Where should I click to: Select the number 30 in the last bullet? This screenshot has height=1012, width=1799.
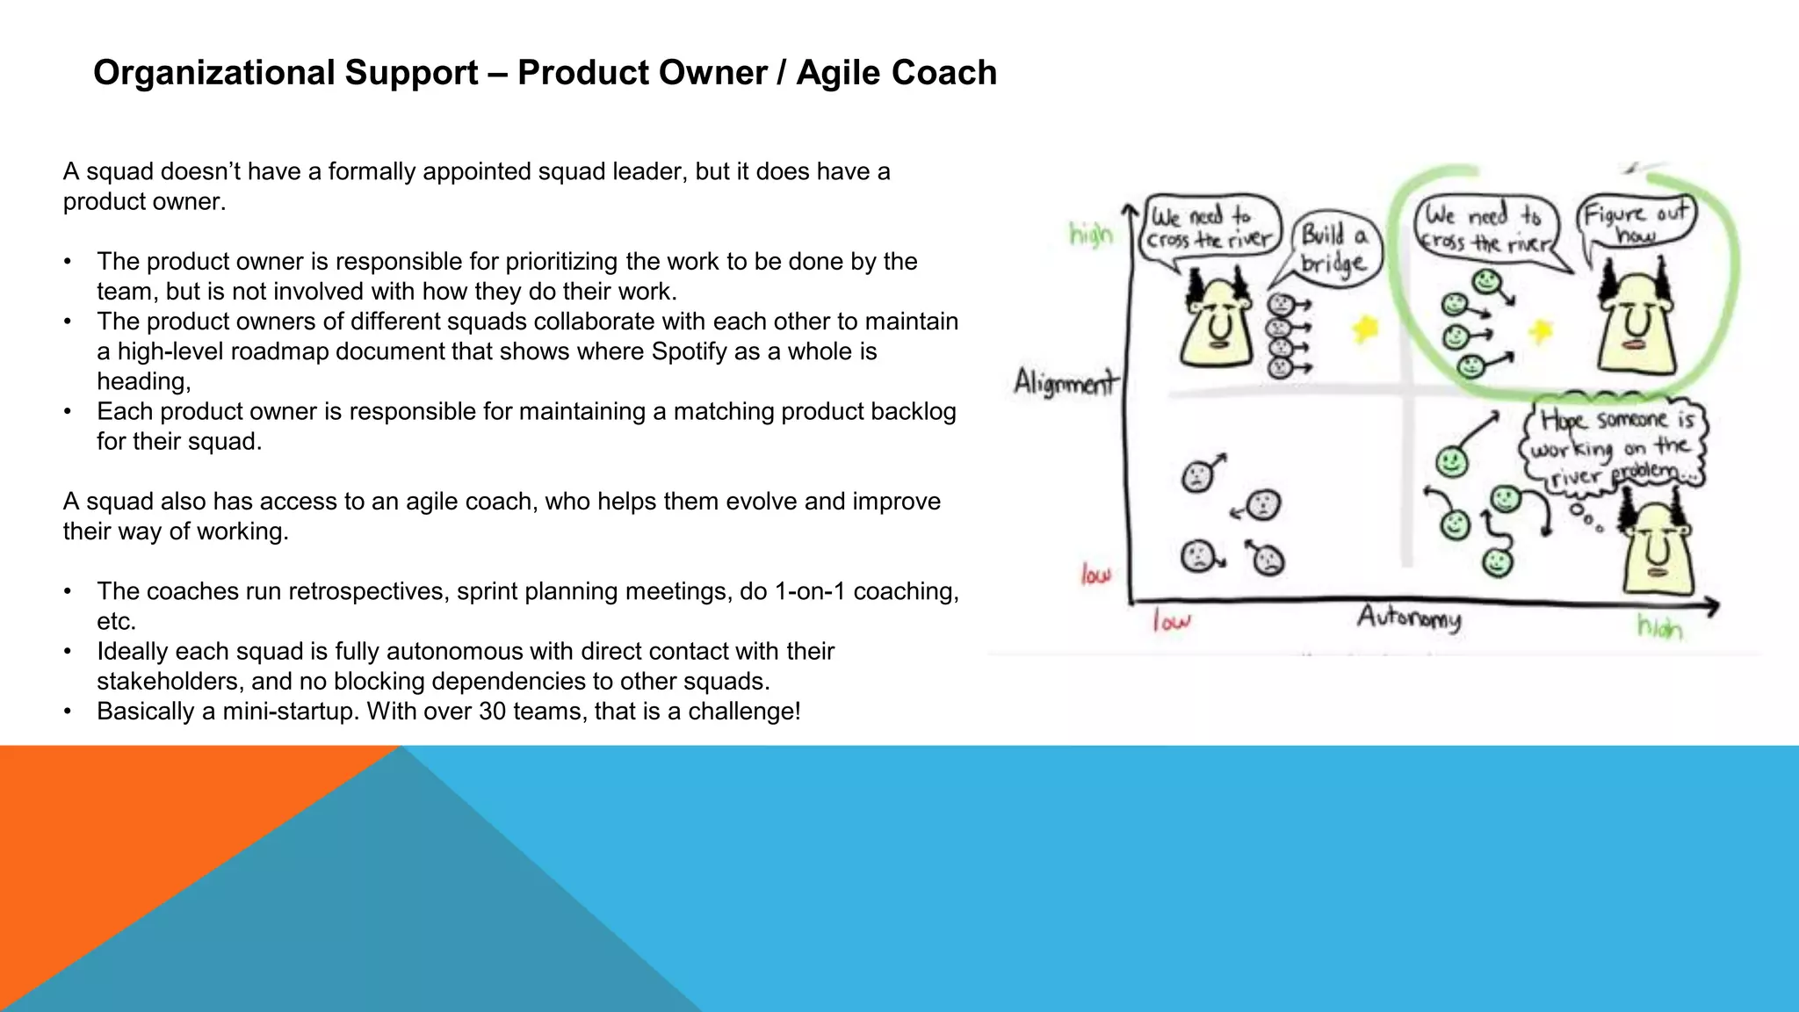point(493,711)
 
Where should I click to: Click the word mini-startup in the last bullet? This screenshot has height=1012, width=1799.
point(291,711)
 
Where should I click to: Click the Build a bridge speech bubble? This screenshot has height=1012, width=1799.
point(1333,249)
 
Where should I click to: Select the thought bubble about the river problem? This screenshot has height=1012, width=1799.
point(1613,446)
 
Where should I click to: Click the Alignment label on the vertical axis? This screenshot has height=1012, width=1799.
point(1065,383)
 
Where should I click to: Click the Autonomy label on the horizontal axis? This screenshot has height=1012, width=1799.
point(1409,618)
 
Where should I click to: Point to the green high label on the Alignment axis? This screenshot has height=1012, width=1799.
point(1090,234)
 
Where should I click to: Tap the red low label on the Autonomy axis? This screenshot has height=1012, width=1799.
point(1171,622)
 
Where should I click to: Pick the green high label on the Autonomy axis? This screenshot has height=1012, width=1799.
point(1659,626)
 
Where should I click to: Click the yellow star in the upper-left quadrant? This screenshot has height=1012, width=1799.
point(1364,329)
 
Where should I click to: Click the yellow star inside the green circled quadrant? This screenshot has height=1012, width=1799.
point(1540,331)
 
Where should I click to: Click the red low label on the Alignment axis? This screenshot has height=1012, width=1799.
point(1095,575)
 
